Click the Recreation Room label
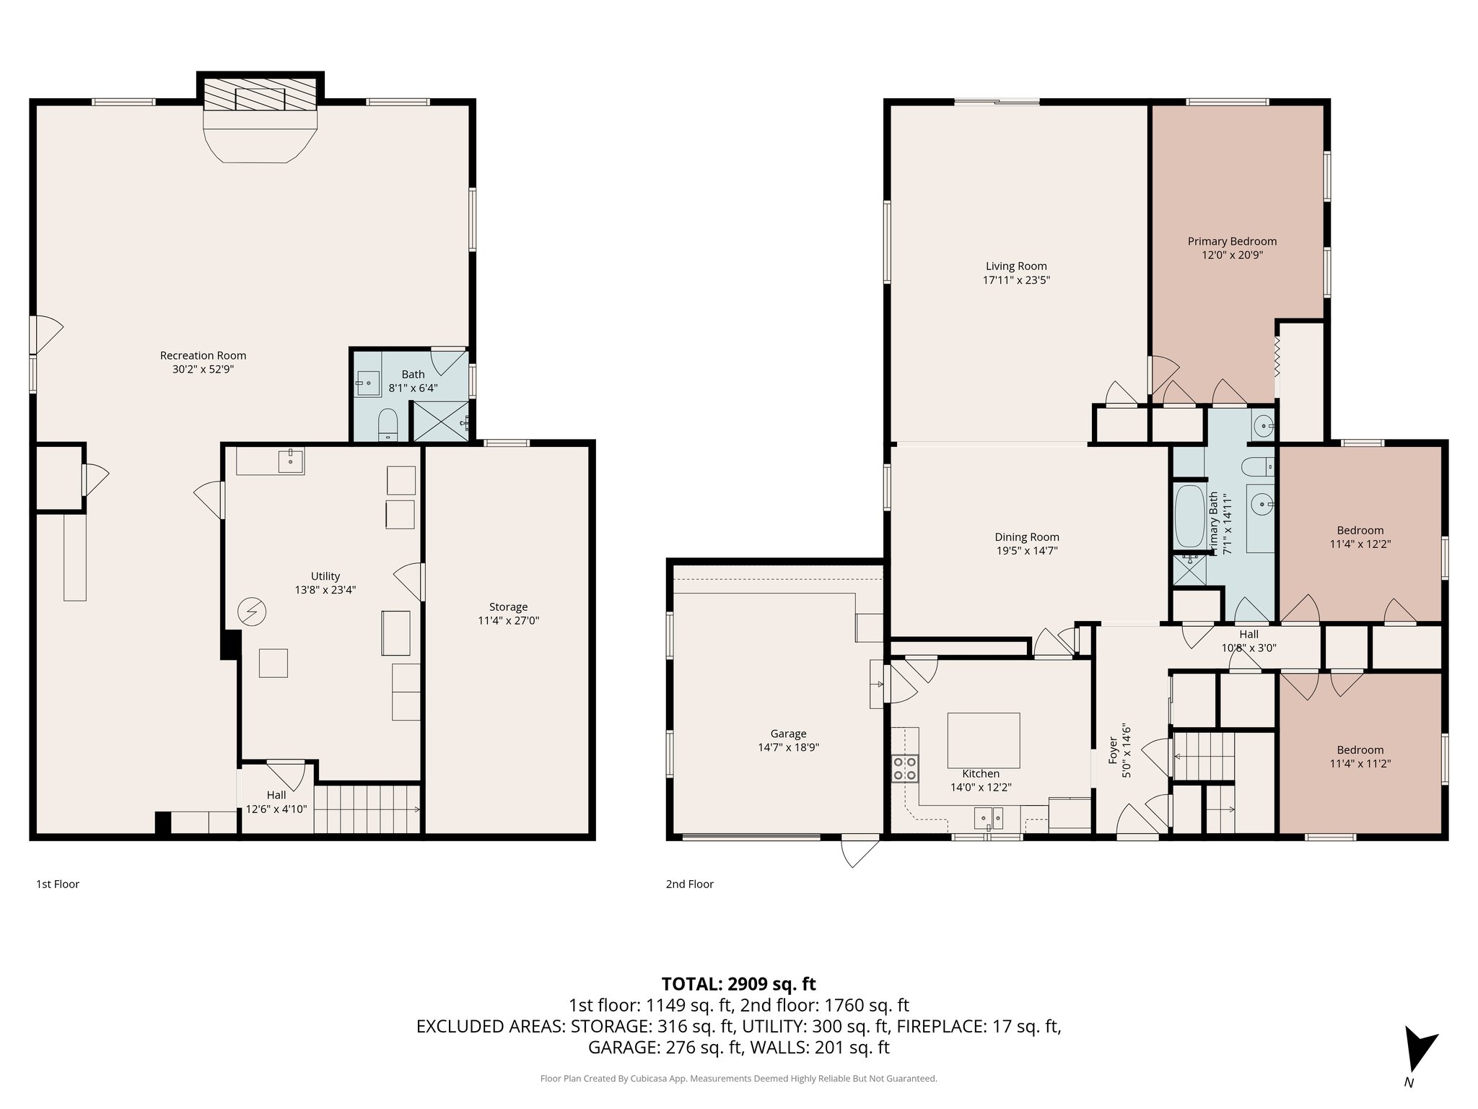point(203,355)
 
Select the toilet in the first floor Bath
point(388,425)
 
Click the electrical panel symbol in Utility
point(252,613)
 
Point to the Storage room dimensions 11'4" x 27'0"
point(508,620)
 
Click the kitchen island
point(983,740)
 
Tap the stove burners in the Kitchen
point(905,768)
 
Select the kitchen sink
point(988,818)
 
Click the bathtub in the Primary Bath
point(1189,517)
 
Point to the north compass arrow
point(1418,1056)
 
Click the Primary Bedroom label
point(1232,241)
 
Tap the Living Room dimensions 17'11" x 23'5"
point(1016,280)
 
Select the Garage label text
point(788,734)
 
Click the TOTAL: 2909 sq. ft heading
point(738,983)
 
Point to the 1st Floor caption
point(58,884)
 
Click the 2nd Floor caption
point(689,884)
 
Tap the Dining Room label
point(1026,536)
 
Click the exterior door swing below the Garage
point(860,853)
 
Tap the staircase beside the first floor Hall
point(367,809)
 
